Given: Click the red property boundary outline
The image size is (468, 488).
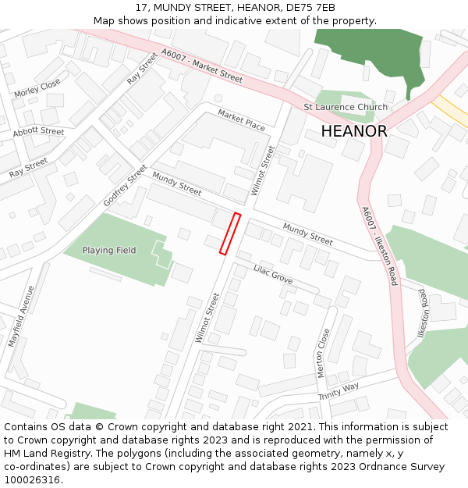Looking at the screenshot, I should (x=230, y=233).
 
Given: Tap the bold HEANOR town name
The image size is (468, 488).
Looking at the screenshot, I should (x=353, y=131).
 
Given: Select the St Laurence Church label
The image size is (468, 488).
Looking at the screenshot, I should (x=345, y=107).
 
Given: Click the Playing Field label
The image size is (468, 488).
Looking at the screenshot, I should (x=109, y=251).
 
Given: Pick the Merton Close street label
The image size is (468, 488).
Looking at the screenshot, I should (x=324, y=353).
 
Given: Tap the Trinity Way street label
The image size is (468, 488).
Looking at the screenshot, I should (x=339, y=391).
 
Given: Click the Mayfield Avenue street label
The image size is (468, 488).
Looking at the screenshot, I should (x=21, y=316).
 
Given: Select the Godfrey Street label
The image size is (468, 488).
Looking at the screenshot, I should (x=125, y=186).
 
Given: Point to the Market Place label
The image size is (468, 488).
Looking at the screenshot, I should (x=241, y=119).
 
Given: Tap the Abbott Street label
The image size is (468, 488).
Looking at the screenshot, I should (x=38, y=132).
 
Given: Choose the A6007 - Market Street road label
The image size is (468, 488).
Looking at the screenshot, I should (x=201, y=66).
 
